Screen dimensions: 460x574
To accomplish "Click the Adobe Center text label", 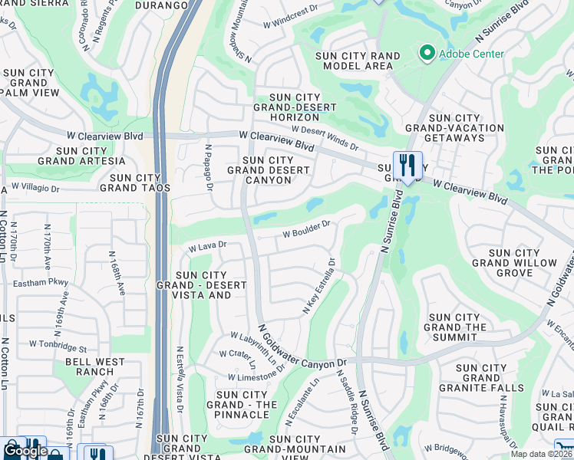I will pos(471,54).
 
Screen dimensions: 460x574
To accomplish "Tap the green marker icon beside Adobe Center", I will pos(426,54).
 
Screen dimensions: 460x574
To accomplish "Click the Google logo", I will pos(25,451).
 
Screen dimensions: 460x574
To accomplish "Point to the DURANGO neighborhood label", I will pos(162,5).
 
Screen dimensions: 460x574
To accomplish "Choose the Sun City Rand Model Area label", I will pos(358,61).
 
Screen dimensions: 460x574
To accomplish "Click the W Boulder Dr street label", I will pos(306,228).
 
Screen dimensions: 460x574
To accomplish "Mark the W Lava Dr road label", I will pos(208,246).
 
